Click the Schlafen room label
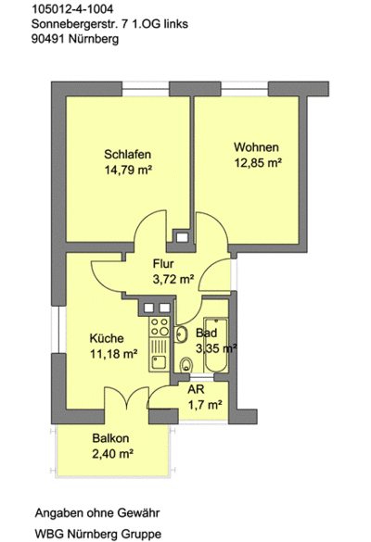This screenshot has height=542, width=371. click(x=128, y=154)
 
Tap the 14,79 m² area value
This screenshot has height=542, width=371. click(x=128, y=170)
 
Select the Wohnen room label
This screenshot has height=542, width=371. click(x=257, y=147)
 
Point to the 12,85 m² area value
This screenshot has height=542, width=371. click(x=257, y=163)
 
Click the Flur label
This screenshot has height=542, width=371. click(x=163, y=263)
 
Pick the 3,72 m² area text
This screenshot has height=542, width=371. click(x=173, y=279)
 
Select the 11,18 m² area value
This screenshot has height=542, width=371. click(x=113, y=354)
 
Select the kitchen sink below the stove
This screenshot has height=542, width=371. click(x=160, y=357)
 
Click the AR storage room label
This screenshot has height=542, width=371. click(x=197, y=389)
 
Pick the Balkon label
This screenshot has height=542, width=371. click(x=110, y=438)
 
